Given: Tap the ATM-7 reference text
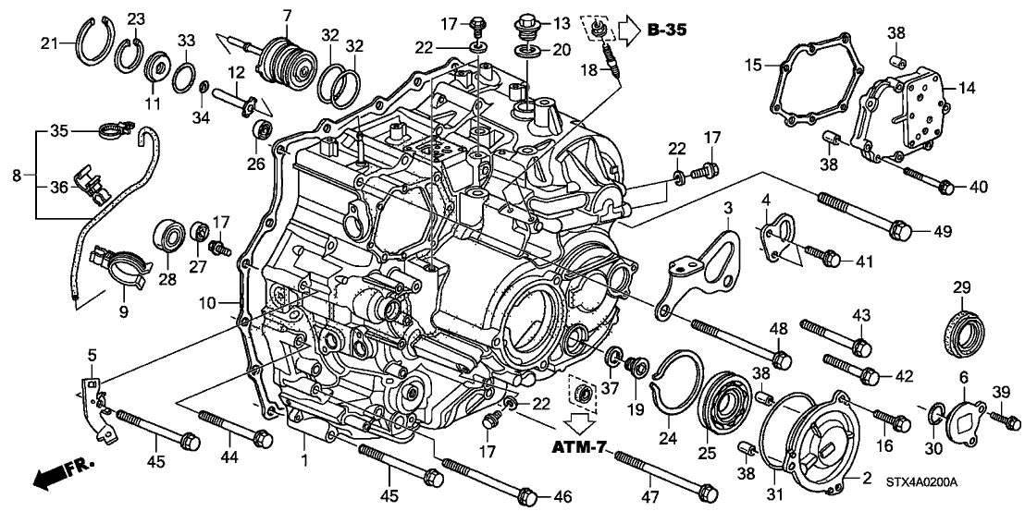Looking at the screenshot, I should point(579,447).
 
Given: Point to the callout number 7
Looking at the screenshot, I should point(286,16).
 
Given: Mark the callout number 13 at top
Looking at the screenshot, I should point(562,22).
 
